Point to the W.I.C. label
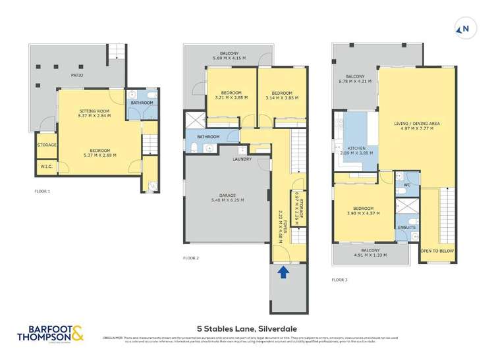pos(46,167)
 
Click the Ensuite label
pos(406,227)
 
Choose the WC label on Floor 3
pos(407,185)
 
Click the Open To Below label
pos(435,251)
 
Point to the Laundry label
pos(242,159)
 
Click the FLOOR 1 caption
pos(42,191)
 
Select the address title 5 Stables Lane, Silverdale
pos(247,324)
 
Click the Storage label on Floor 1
pos(46,145)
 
